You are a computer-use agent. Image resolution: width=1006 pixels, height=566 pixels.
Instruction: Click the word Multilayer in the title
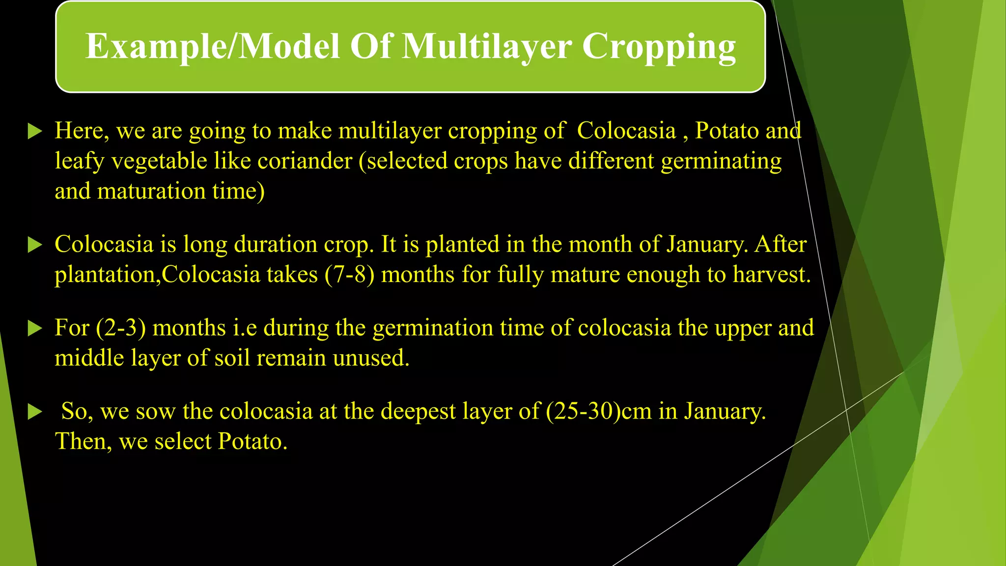[x=487, y=47]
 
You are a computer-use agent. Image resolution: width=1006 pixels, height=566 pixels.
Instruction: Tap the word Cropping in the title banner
[x=659, y=48]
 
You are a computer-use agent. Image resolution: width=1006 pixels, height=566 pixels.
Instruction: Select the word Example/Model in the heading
[x=213, y=47]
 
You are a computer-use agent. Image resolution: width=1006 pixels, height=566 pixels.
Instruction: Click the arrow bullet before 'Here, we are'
[x=35, y=132]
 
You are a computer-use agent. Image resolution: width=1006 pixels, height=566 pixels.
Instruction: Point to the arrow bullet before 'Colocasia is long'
[x=35, y=245]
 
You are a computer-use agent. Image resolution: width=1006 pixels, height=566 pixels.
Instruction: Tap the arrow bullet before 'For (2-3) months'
[x=35, y=328]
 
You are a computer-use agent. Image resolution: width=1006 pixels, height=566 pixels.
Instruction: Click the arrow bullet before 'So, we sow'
[x=35, y=412]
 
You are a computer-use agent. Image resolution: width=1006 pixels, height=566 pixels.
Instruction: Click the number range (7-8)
[x=349, y=274]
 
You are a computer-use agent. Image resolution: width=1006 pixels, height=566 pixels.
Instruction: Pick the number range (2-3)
[x=121, y=328]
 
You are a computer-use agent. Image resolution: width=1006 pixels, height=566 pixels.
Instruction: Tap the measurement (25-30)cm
[x=598, y=411]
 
